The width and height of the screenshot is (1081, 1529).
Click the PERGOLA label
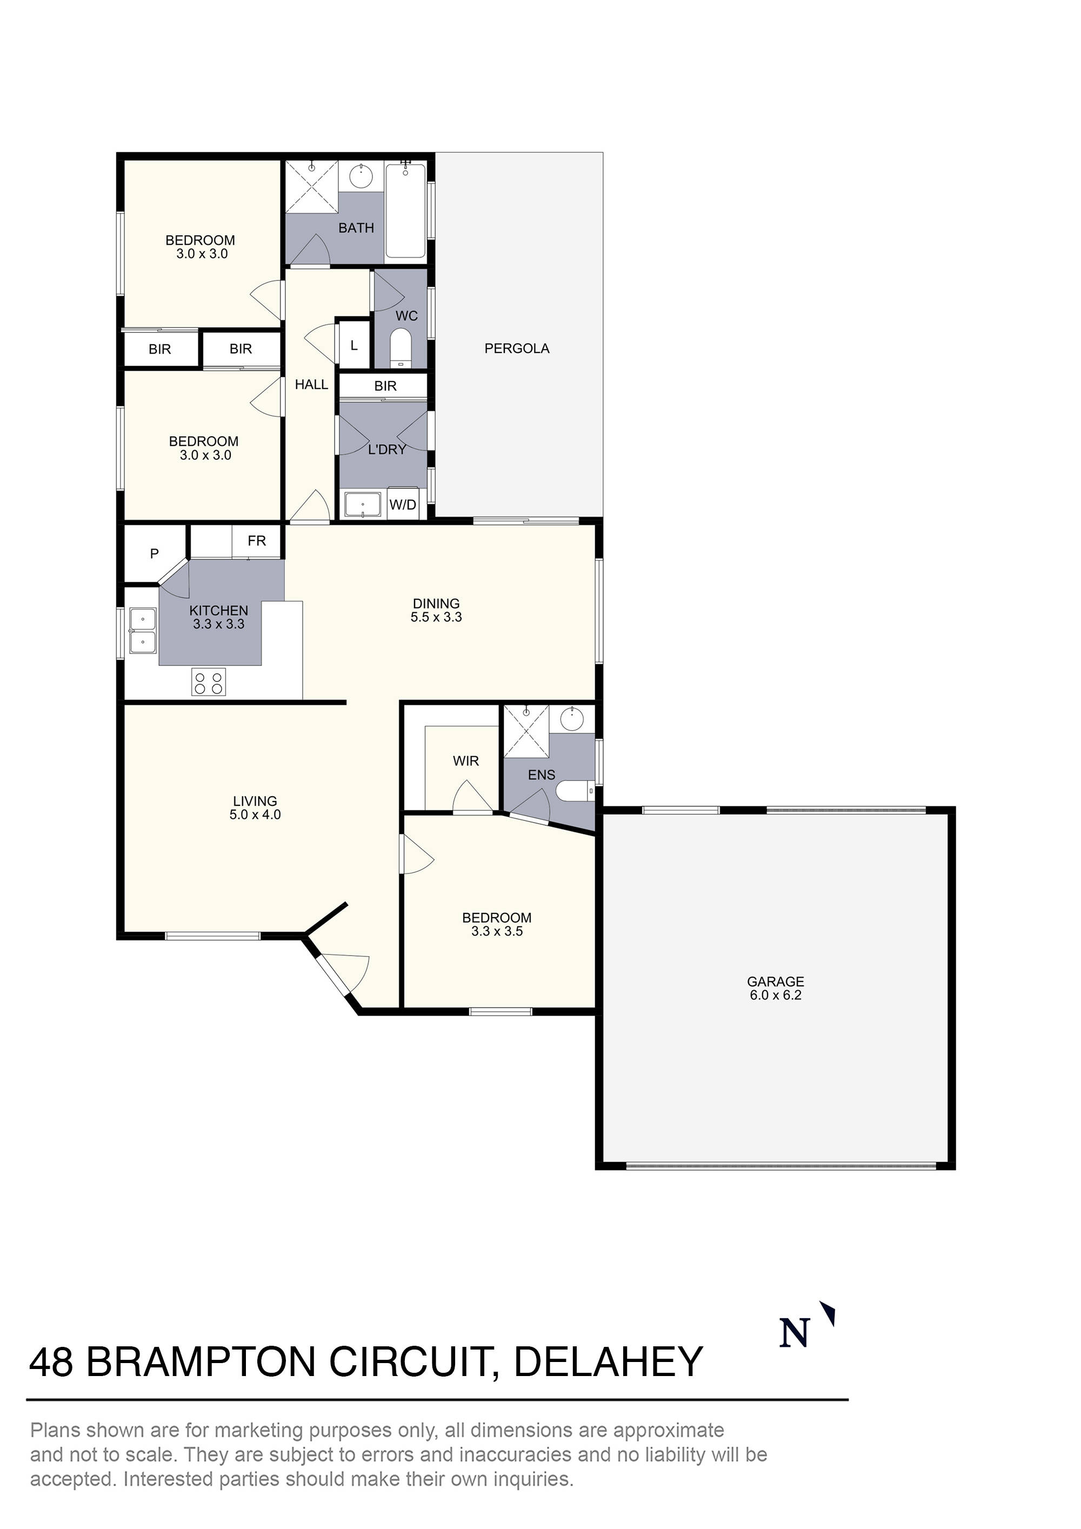(x=516, y=348)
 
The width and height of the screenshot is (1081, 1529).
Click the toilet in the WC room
(x=401, y=345)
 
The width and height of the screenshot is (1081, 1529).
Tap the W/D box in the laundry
(x=402, y=505)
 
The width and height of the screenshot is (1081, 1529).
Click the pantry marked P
(x=154, y=553)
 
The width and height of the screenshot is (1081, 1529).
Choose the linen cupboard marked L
(x=353, y=345)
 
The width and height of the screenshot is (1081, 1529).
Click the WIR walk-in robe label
(x=465, y=760)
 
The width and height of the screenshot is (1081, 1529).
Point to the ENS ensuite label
(x=541, y=774)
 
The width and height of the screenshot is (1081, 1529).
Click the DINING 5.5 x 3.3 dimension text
(x=436, y=617)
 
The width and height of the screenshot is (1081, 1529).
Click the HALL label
(x=311, y=384)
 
